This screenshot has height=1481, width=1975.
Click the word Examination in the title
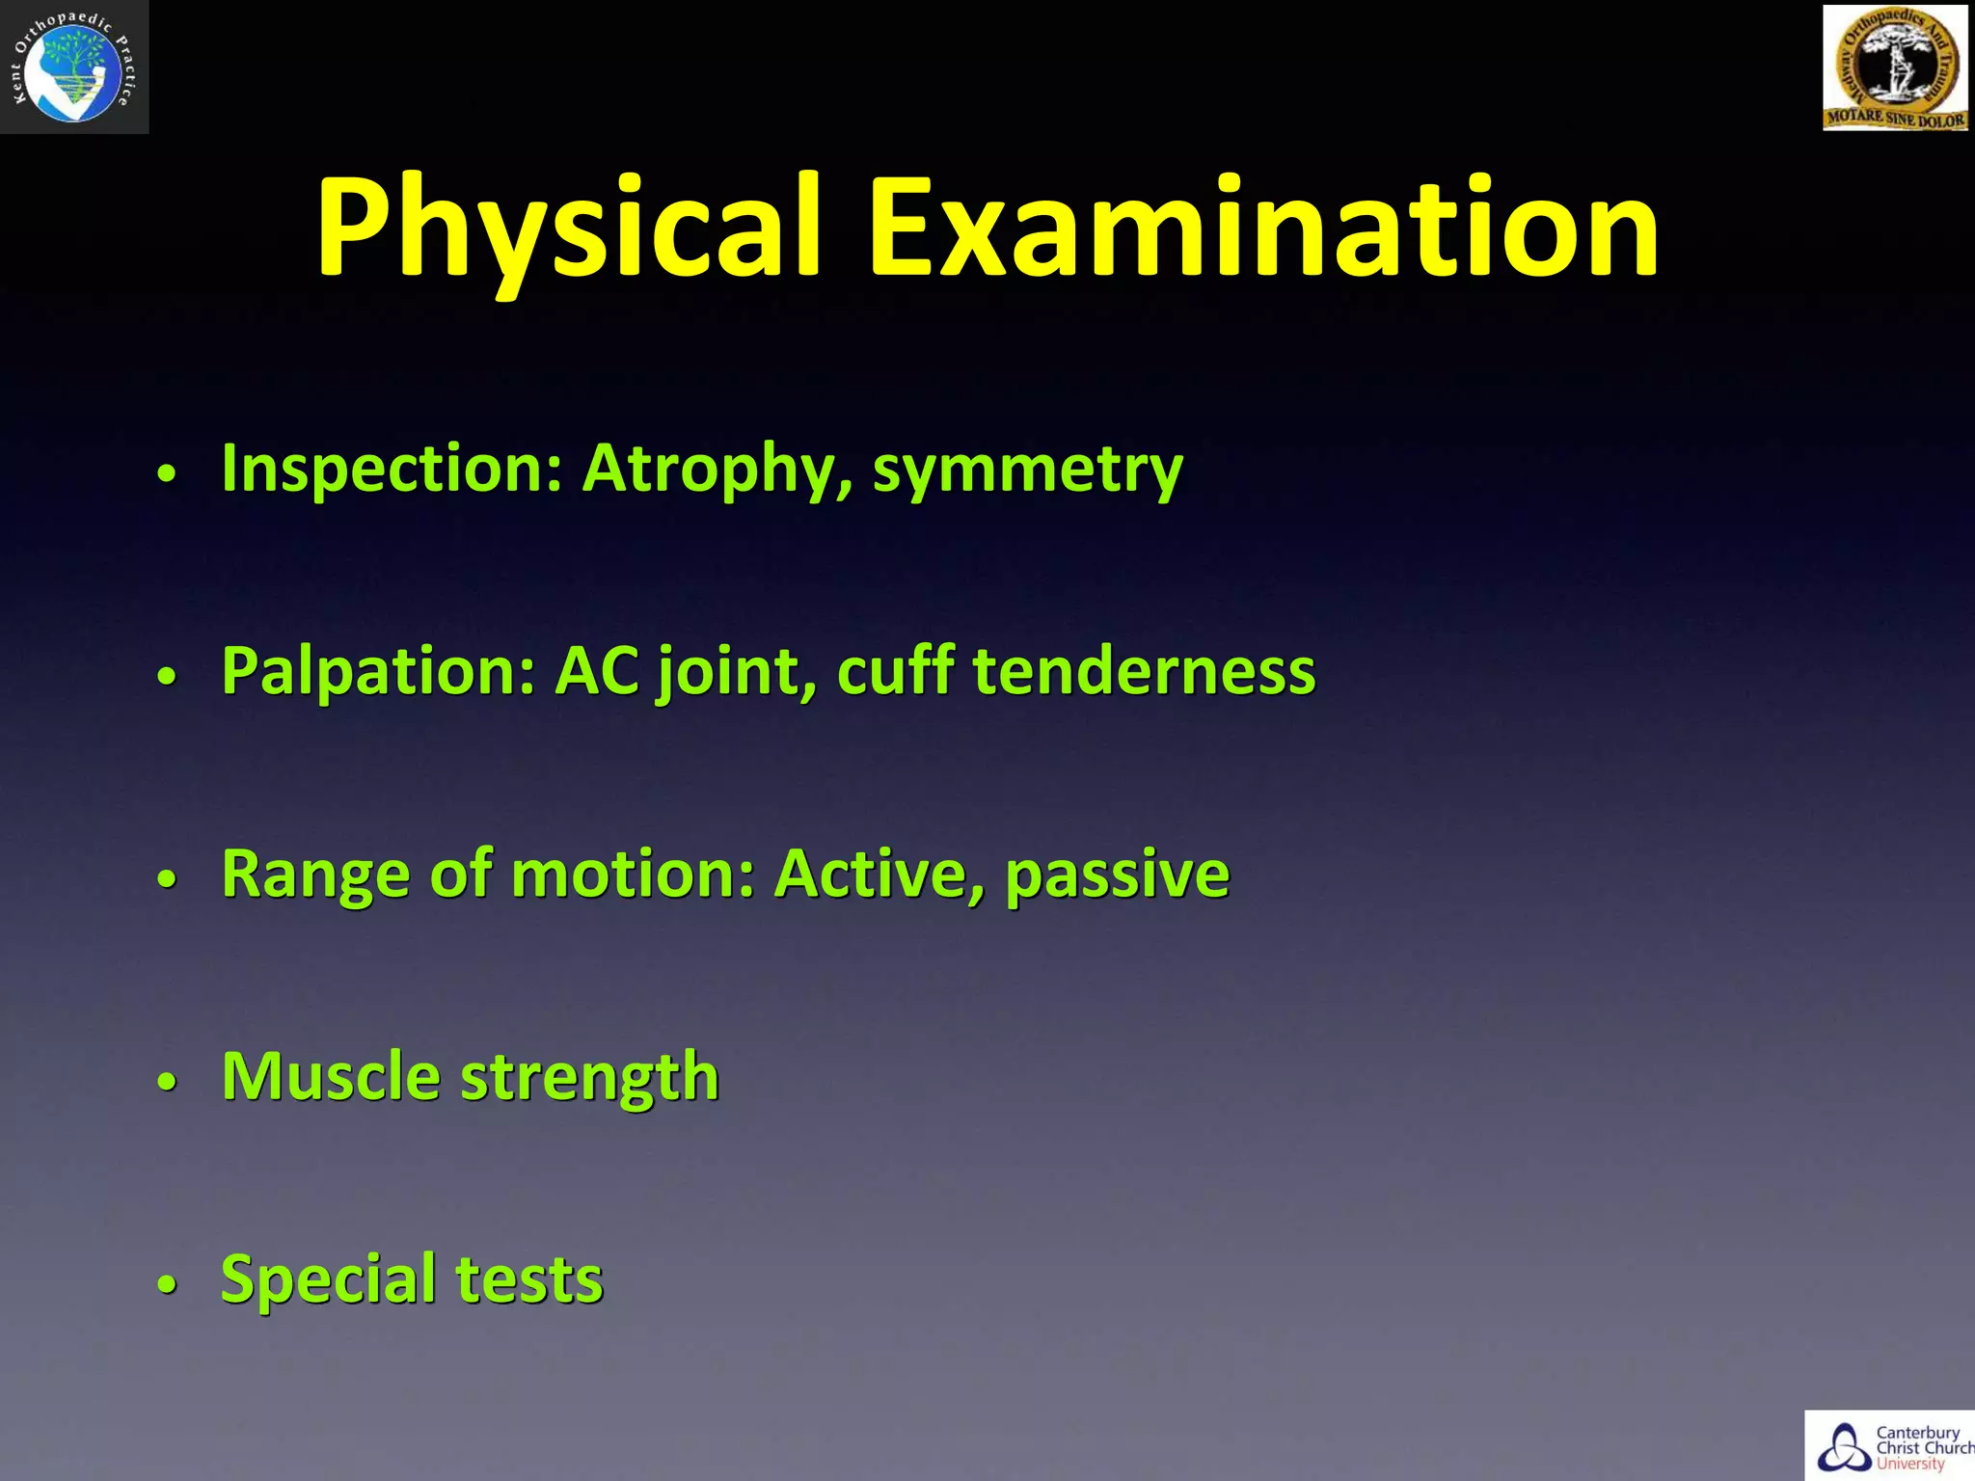[1264, 229]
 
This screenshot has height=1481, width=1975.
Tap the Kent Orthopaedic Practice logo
[74, 67]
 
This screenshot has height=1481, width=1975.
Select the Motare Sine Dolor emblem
[1895, 67]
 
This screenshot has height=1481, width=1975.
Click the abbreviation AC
[597, 672]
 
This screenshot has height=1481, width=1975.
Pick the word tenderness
[1144, 672]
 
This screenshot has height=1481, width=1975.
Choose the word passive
[1118, 875]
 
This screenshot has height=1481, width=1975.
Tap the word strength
[590, 1078]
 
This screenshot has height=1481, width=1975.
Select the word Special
[329, 1280]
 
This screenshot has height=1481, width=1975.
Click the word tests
[529, 1280]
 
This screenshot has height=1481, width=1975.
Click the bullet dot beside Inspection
[168, 474]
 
